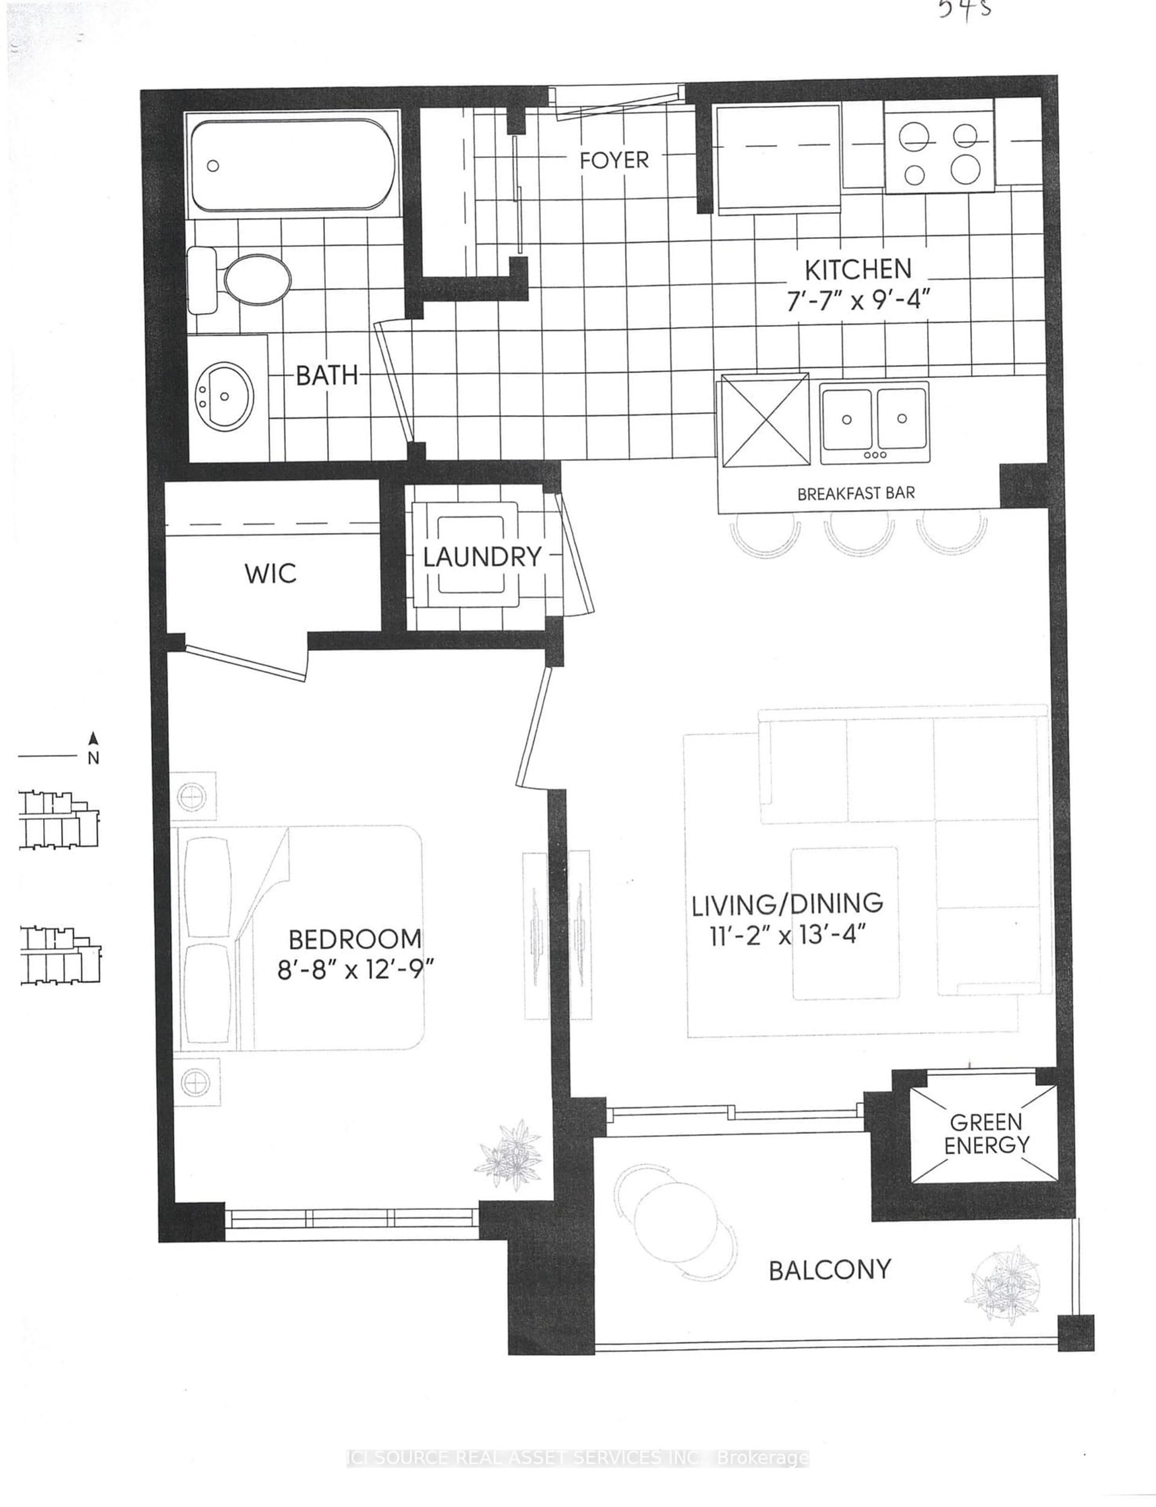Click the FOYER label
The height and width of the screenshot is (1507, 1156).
tap(614, 160)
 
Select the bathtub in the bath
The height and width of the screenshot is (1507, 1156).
tap(292, 165)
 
